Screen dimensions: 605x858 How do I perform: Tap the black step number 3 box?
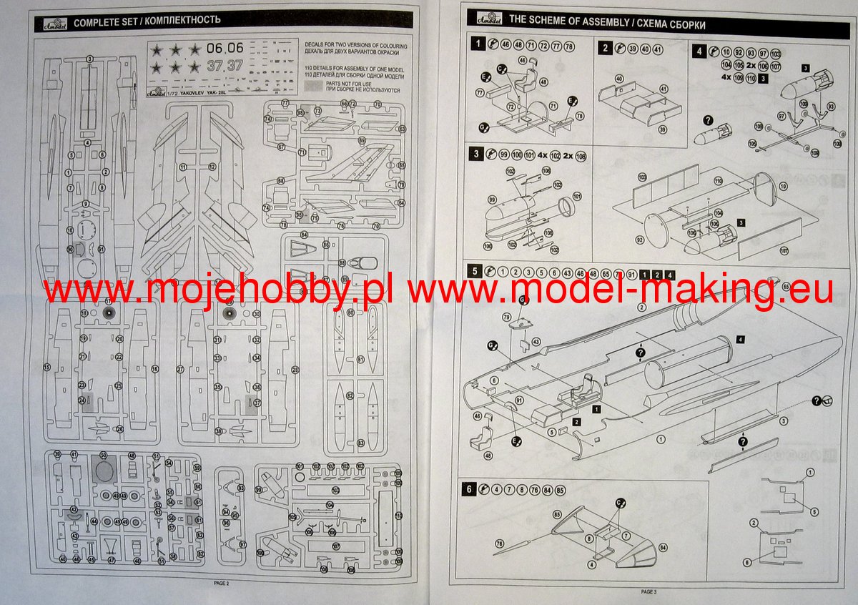475,154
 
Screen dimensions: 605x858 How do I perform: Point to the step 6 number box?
468,489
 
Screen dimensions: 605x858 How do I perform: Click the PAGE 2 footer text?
222,583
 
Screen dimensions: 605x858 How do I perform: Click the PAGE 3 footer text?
648,592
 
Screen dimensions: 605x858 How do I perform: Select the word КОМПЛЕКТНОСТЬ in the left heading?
179,20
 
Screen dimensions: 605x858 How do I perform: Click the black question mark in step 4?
708,119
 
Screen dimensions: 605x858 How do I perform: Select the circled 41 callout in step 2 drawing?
664,88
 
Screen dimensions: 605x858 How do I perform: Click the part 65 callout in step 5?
786,286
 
